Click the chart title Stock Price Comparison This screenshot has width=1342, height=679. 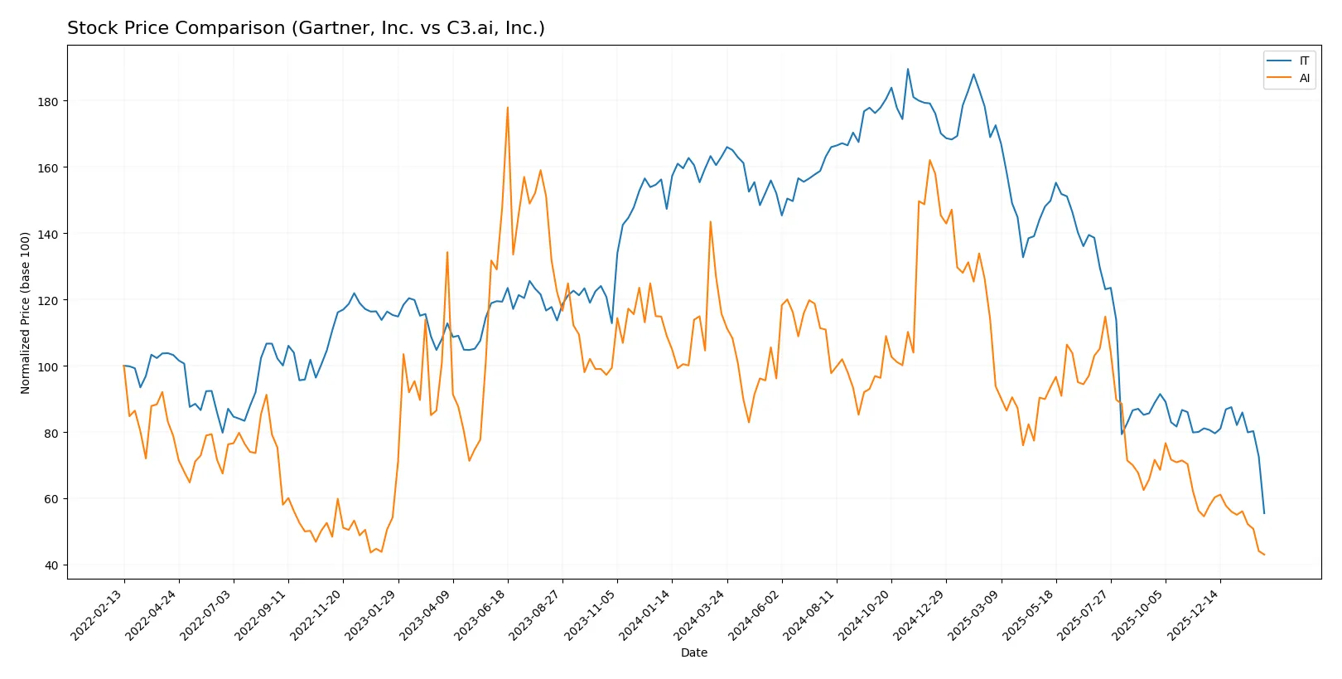(306, 28)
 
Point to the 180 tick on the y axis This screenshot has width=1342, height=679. (47, 101)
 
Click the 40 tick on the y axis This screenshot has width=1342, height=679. (51, 565)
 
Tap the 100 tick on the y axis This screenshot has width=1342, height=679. (47, 366)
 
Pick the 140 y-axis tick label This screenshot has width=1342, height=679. (47, 234)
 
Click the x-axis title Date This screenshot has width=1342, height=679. (693, 652)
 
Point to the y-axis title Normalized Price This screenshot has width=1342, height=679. (26, 313)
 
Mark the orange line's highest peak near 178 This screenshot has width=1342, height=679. (508, 107)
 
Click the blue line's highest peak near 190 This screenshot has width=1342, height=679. (908, 69)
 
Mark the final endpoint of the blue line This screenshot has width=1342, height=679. (1264, 513)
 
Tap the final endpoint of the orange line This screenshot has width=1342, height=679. (1264, 555)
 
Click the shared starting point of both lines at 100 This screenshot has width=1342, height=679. (124, 366)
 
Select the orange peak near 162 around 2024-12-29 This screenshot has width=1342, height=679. (929, 160)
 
